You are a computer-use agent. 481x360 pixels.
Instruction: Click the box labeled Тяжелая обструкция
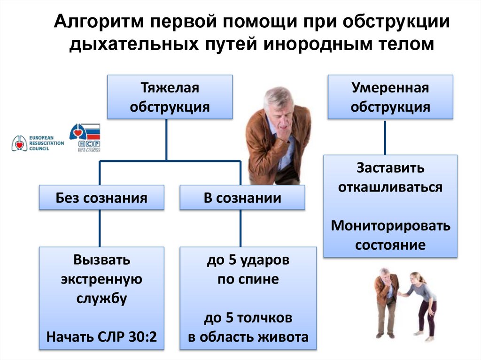click(170, 97)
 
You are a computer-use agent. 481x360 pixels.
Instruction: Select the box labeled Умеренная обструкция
click(390, 97)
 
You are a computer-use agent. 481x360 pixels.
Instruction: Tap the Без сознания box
click(101, 198)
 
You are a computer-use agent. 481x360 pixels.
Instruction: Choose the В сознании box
click(242, 198)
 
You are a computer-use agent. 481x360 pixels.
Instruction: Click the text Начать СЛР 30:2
click(101, 337)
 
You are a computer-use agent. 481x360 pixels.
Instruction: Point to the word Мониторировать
click(390, 226)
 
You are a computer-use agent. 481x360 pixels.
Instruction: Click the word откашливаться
click(390, 187)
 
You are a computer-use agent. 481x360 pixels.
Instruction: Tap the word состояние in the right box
click(390, 245)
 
